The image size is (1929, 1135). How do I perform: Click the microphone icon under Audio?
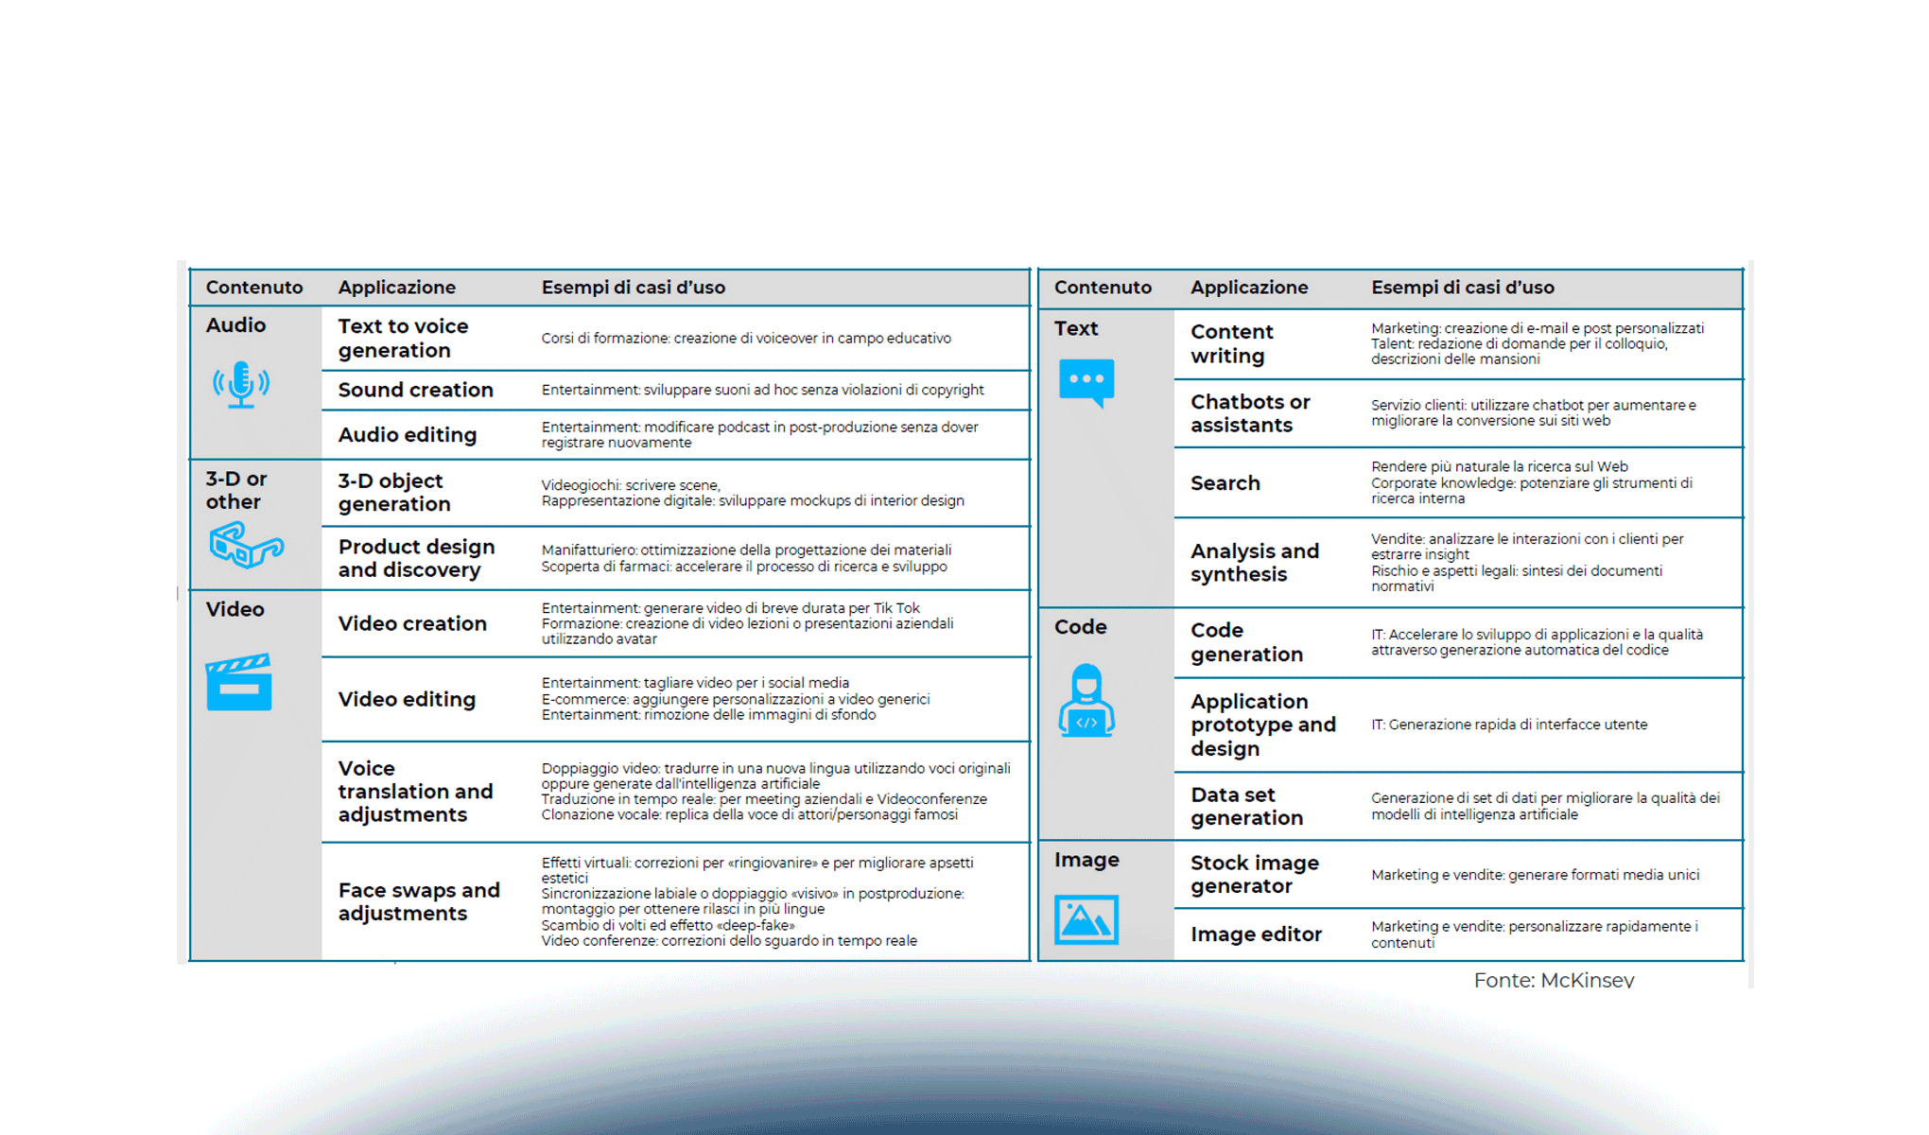pos(241,384)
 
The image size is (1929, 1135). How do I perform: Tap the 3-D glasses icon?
pos(246,546)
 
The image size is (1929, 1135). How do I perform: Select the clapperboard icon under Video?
pos(239,682)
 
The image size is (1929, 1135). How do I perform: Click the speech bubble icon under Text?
pos(1086,382)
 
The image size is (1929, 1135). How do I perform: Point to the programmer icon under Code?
pos(1086,701)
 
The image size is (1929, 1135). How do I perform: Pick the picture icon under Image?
pos(1086,919)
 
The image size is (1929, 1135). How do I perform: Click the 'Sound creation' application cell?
pos(416,390)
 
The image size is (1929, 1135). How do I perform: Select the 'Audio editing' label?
pos(408,435)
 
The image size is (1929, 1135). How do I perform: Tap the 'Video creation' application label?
pos(412,624)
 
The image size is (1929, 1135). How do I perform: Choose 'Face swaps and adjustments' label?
pos(419,901)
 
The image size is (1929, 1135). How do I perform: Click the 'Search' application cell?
pos(1225,483)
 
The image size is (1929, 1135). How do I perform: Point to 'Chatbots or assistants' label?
pos(1250,413)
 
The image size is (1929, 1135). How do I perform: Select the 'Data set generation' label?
pos(1246,806)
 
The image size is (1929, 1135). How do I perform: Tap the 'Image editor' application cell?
pos(1256,934)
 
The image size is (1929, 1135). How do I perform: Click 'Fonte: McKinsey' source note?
pos(1554,980)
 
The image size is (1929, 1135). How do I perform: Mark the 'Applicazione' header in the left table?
pos(397,288)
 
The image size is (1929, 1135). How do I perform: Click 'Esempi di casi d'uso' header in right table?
pos(1463,288)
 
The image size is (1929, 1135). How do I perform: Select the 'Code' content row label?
pos(1081,627)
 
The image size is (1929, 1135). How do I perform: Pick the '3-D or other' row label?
pos(236,490)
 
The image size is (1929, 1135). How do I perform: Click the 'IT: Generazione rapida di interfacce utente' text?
pos(1509,725)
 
